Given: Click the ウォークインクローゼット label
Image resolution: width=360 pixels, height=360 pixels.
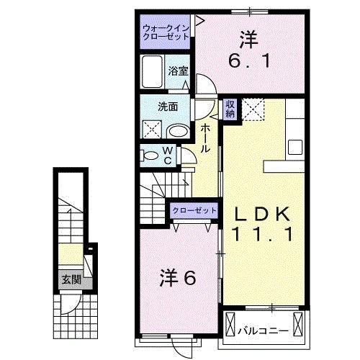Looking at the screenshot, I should coord(166,31).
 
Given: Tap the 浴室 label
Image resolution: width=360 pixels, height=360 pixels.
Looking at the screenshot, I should coord(178,71).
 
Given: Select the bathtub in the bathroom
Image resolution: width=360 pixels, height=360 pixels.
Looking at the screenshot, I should coord(153,73).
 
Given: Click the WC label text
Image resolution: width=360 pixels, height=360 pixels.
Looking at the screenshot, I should coord(166,156).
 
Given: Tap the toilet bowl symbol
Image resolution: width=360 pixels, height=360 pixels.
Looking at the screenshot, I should coord(149,155).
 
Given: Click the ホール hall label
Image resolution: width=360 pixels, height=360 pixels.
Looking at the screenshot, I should coord(206,137).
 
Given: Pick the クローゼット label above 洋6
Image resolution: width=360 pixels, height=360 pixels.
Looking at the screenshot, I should coord(194,210).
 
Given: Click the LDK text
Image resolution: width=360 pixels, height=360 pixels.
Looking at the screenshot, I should coord(261,214).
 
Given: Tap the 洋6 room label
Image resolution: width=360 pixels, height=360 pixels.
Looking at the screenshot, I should coord(177,277).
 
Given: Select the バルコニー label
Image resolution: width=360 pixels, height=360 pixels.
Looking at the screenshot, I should coord(264,331).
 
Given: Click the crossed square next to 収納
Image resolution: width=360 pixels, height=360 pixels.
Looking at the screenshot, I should coord(252,109).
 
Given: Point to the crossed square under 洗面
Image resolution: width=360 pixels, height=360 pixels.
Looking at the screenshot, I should coord(151,130).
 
